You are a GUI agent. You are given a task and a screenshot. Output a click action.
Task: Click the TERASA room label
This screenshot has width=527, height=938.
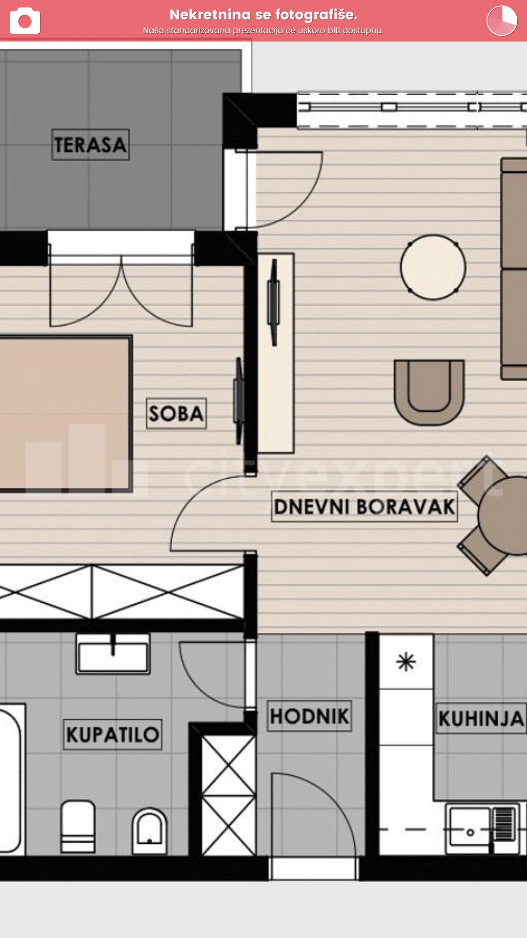90,145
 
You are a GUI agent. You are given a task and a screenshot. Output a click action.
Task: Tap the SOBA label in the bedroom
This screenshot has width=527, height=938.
176,414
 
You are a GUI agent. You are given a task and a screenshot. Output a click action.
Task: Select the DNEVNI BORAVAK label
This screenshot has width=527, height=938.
365,507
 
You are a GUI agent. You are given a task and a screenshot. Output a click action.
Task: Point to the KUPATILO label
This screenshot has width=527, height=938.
113,734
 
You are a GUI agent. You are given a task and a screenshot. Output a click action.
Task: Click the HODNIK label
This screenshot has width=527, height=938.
309,716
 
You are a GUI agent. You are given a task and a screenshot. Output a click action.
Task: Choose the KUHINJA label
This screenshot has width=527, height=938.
481,718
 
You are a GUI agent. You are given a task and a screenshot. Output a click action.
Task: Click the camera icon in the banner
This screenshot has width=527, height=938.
25,21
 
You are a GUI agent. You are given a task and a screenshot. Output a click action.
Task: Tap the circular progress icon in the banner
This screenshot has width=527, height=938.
502,21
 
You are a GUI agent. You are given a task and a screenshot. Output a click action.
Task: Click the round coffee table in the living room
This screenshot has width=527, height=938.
433,267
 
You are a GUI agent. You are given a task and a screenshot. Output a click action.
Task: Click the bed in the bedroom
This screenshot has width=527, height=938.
65,413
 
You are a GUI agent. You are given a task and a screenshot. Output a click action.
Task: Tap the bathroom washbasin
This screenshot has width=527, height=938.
113,655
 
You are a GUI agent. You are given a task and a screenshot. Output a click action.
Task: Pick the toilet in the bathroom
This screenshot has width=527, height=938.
78,827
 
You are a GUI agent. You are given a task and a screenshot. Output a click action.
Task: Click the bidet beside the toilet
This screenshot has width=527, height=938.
149,831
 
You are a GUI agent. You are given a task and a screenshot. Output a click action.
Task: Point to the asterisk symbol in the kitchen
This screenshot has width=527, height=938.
406,662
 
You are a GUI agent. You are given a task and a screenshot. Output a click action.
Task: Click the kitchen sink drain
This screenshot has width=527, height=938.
470,832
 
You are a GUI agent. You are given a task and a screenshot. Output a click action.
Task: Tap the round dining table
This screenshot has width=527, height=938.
503,516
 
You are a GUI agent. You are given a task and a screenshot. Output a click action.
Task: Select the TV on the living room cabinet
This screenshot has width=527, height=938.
274,302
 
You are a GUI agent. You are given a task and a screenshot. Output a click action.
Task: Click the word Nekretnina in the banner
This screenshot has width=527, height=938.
210,15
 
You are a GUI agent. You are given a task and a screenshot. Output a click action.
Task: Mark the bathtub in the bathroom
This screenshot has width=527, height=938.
11,780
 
